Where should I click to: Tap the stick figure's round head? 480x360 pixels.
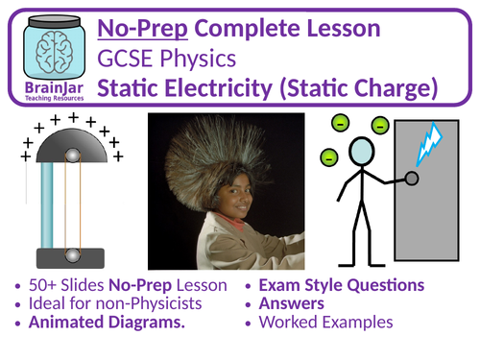[362, 153]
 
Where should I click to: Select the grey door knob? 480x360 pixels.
[412, 179]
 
